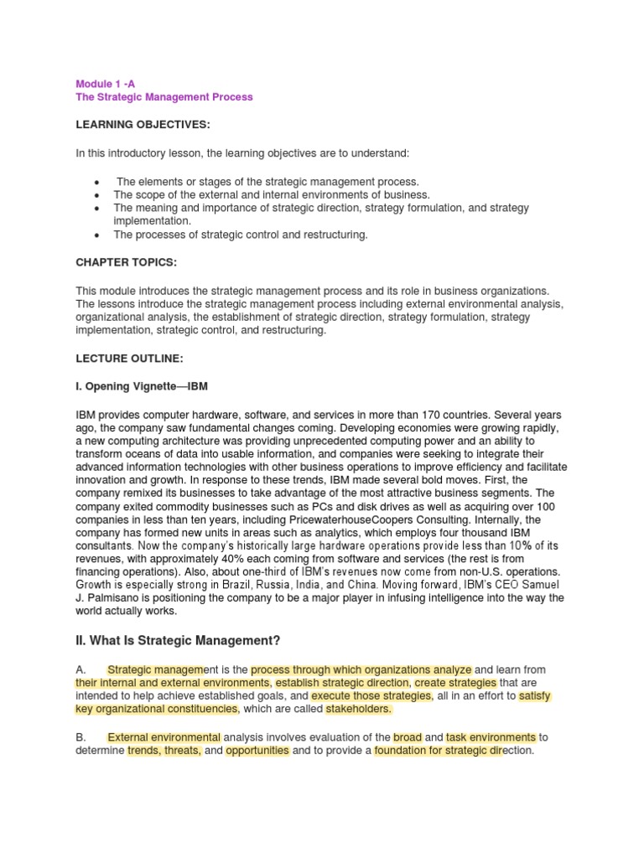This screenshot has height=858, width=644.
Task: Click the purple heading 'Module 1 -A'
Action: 105,84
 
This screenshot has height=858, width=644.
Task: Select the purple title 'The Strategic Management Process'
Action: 164,97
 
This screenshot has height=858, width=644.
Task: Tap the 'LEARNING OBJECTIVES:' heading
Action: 143,125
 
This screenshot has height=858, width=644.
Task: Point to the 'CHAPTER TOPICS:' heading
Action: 126,262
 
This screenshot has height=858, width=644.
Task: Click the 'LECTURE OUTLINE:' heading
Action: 129,358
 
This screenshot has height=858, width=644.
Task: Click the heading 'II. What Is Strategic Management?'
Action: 178,641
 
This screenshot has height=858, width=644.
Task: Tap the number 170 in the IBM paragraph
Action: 446,415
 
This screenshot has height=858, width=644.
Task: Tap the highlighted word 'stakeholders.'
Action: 358,709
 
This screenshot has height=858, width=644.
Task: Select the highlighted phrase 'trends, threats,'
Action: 164,750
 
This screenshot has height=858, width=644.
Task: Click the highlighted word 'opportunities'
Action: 257,750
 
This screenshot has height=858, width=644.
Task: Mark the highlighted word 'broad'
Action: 408,737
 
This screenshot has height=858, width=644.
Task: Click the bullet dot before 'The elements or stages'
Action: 99,182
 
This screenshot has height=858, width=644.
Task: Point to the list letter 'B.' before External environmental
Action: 80,737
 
